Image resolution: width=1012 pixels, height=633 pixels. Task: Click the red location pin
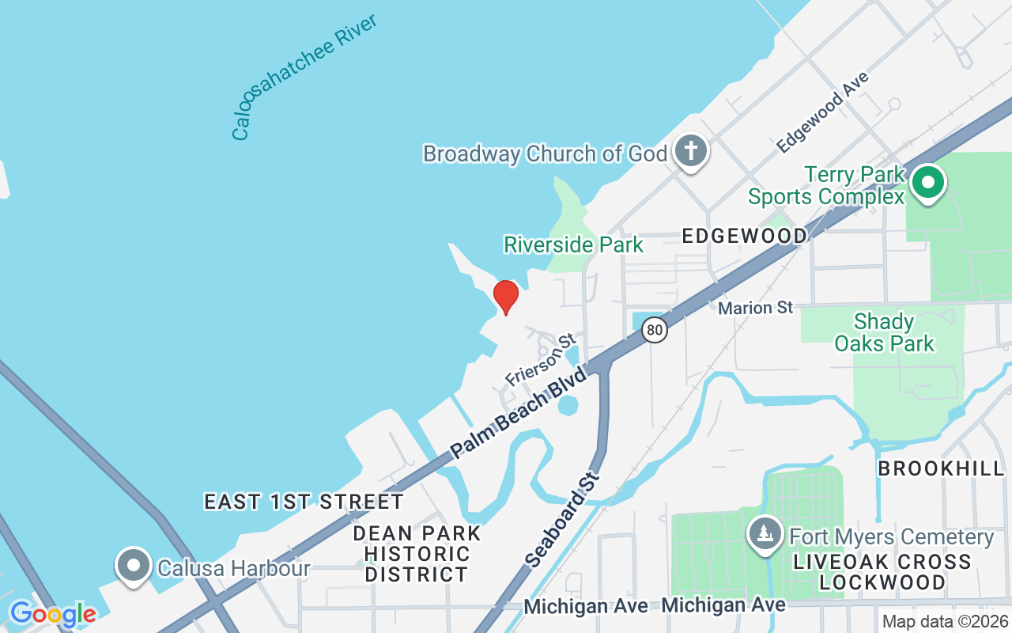tap(505, 297)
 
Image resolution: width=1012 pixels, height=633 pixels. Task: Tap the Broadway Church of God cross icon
tap(691, 150)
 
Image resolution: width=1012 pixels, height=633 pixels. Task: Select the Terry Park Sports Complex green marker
tap(928, 182)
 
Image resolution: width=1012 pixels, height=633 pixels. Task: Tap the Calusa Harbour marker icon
tap(134, 567)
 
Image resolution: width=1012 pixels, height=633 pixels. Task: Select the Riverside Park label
tap(574, 244)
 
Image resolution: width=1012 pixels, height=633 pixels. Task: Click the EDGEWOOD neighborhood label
tap(745, 236)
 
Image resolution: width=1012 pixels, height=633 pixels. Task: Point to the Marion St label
tap(755, 307)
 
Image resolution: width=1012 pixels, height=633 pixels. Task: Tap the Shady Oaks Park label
tap(885, 332)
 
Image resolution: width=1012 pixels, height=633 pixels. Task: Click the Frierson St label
tap(541, 360)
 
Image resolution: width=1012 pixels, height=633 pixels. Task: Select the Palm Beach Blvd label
tap(519, 412)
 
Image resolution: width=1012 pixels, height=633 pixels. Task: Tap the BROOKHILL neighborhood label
tap(941, 468)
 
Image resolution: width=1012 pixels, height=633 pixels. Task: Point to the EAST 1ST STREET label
tap(304, 502)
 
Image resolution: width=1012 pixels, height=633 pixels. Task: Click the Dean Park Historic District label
tap(417, 553)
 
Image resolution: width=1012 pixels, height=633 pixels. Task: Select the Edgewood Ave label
tap(822, 112)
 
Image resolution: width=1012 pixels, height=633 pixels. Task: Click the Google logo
tap(53, 614)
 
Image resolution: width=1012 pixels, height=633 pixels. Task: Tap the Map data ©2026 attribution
tap(945, 621)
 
